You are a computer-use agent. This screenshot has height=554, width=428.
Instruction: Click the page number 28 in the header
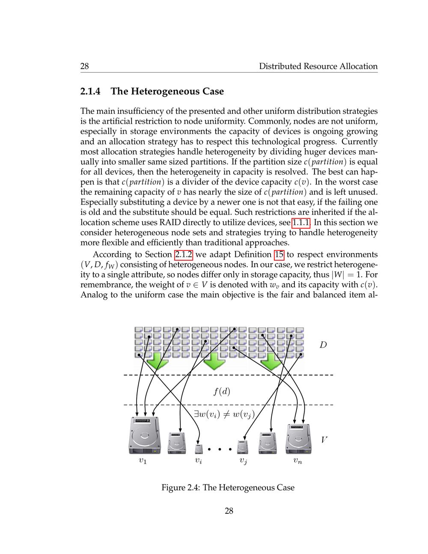(x=85, y=66)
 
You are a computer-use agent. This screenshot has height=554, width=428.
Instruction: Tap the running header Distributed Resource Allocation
(x=318, y=66)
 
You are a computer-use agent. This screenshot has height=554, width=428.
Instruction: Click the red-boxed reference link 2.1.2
(x=184, y=254)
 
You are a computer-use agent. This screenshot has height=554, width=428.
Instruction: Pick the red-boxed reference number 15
(x=279, y=254)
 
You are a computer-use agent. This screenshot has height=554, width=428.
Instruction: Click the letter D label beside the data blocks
(x=323, y=345)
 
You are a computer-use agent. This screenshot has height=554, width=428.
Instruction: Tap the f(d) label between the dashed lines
(x=222, y=391)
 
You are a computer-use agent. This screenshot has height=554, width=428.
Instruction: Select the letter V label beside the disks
(x=324, y=440)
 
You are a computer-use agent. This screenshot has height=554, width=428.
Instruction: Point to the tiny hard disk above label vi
(x=199, y=449)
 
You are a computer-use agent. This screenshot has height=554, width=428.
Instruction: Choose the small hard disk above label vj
(x=243, y=447)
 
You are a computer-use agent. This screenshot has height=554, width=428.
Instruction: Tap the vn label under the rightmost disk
(x=298, y=461)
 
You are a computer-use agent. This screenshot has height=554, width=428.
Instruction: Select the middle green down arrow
(x=214, y=361)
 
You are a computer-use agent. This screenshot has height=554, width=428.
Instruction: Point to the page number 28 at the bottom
(x=229, y=510)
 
